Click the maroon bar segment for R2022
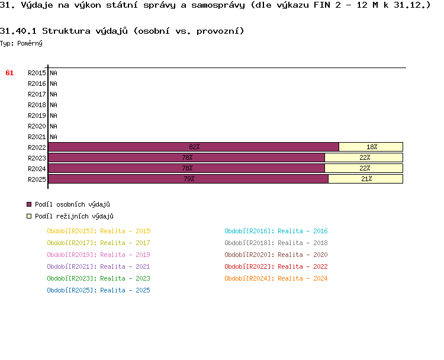(x=194, y=147)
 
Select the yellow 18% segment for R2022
(x=371, y=147)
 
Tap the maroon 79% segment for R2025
(x=188, y=179)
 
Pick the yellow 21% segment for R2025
(x=366, y=179)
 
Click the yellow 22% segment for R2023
(x=364, y=157)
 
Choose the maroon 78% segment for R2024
(x=186, y=168)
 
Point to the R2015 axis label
(x=37, y=73)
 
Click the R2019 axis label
(x=37, y=115)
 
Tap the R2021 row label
(x=37, y=137)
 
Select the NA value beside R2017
(x=53, y=94)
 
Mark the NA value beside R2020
(x=53, y=126)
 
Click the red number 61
(x=9, y=73)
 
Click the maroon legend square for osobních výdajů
(x=29, y=204)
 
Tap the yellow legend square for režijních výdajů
(x=29, y=216)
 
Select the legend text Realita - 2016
(x=303, y=231)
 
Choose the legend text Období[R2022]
(x=249, y=266)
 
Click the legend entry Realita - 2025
(x=125, y=290)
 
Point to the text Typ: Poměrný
(x=21, y=43)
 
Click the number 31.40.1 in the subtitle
(x=19, y=31)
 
